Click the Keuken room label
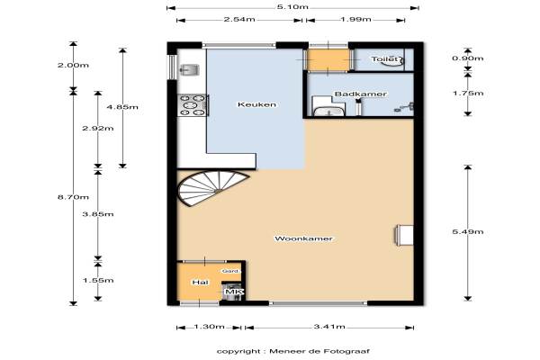(x=256, y=104)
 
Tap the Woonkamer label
(x=303, y=238)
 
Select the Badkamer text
(x=361, y=94)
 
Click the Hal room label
(x=200, y=283)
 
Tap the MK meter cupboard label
(x=234, y=292)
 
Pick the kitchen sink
(x=189, y=69)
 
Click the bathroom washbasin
(x=328, y=111)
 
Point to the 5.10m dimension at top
(x=292, y=7)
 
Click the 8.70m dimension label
(x=73, y=197)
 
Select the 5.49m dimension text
(x=468, y=232)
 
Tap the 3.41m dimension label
(x=329, y=327)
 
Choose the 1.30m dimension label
(x=209, y=327)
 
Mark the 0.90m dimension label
(x=468, y=58)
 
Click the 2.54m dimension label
(x=239, y=19)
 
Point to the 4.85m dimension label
(x=122, y=107)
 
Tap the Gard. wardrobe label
(x=230, y=271)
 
